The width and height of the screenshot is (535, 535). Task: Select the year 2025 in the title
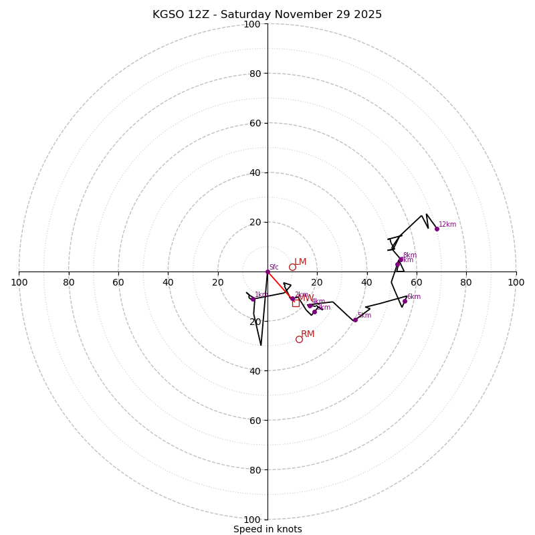[367, 15]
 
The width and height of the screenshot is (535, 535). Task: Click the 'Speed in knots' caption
[267, 529]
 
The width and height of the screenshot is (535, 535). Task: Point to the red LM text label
[300, 262]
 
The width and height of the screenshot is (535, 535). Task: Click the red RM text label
[308, 334]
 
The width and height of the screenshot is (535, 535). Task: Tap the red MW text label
[306, 298]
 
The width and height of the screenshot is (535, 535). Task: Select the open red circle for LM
[292, 267]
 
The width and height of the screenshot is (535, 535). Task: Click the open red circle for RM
[299, 339]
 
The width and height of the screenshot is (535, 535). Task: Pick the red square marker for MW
[296, 303]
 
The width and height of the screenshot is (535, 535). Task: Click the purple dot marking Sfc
[267, 272]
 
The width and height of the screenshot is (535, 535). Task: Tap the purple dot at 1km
[253, 299]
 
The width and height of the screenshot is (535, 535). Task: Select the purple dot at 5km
[355, 320]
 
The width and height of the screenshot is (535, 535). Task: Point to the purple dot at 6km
[405, 301]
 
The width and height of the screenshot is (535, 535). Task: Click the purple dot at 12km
[437, 229]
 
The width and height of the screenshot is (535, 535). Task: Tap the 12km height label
[447, 225]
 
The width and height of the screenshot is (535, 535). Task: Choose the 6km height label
[414, 297]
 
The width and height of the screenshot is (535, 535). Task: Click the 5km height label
[364, 316]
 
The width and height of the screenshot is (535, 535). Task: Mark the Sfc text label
[274, 267]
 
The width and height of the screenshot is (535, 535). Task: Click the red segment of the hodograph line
[279, 284]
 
